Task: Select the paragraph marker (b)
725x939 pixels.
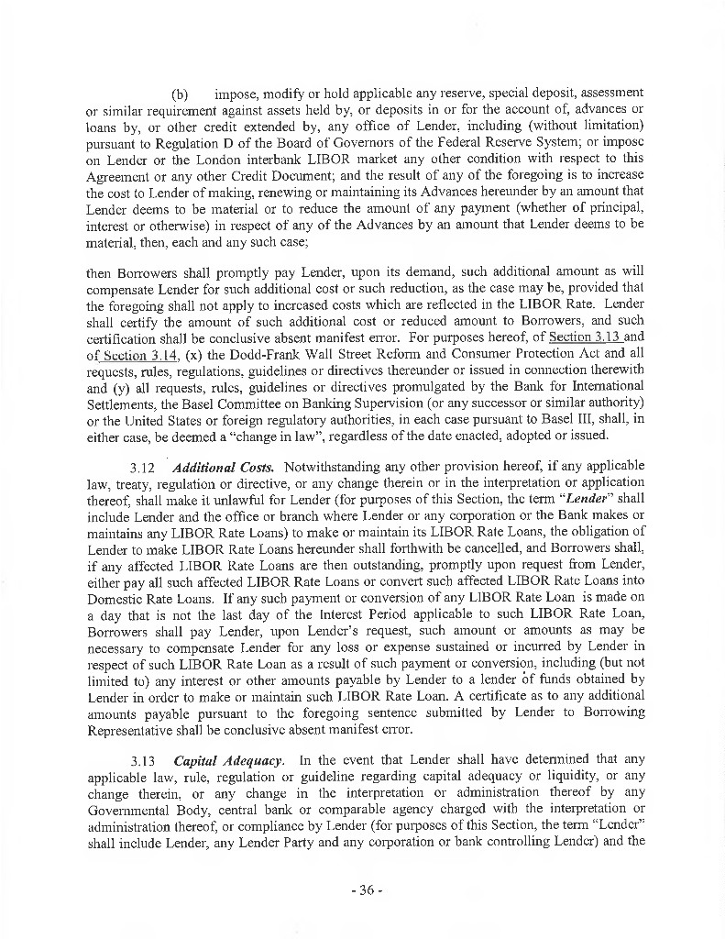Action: [x=180, y=94]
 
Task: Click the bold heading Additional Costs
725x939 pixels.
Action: [x=227, y=467]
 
